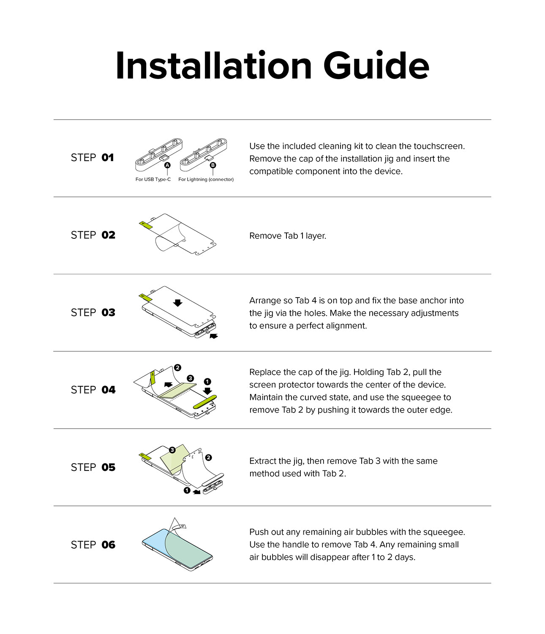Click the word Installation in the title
pyautogui.click(x=213, y=66)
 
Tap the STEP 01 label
pyautogui.click(x=92, y=158)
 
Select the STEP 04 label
pyautogui.click(x=93, y=390)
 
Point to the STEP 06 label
pyautogui.click(x=93, y=545)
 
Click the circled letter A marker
pyautogui.click(x=167, y=165)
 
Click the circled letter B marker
pyautogui.click(x=213, y=165)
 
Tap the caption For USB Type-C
pyautogui.click(x=153, y=180)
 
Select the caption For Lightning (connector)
pyautogui.click(x=206, y=180)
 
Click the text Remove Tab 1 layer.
pyautogui.click(x=288, y=236)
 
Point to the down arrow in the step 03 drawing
pyautogui.click(x=178, y=303)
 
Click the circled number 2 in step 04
pyautogui.click(x=177, y=368)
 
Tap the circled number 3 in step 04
pyautogui.click(x=191, y=378)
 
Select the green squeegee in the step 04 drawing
pyautogui.click(x=205, y=402)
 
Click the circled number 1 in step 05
pyautogui.click(x=187, y=490)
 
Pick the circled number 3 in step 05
pyautogui.click(x=172, y=450)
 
